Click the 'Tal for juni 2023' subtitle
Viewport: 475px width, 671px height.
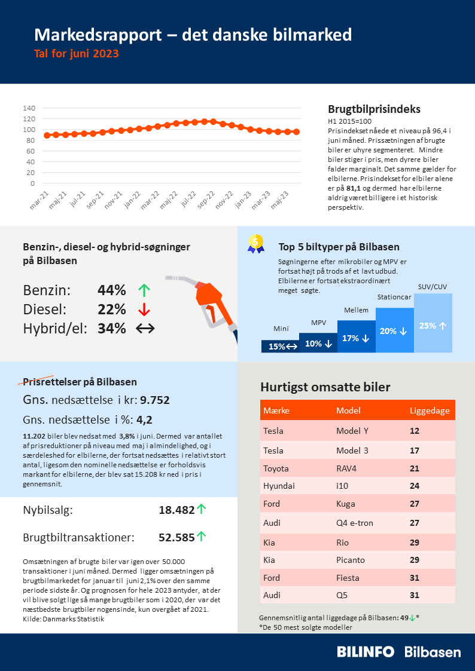coord(77,54)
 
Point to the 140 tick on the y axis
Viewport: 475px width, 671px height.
coord(29,108)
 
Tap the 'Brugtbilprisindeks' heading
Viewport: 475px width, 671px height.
coord(374,109)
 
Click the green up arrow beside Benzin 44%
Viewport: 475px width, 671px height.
coord(143,291)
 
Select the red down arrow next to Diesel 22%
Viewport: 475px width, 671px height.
coord(143,310)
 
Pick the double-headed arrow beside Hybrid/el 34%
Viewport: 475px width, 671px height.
coord(145,328)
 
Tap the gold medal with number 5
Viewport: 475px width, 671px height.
coord(256,243)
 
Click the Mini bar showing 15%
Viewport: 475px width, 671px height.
coord(280,346)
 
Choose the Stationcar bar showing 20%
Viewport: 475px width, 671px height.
coord(394,330)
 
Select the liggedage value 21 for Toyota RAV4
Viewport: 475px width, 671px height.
coord(415,468)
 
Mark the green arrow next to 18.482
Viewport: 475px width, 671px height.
coord(202,509)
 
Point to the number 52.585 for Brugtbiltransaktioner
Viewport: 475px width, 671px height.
coord(176,537)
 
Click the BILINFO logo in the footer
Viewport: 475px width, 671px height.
coord(365,652)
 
